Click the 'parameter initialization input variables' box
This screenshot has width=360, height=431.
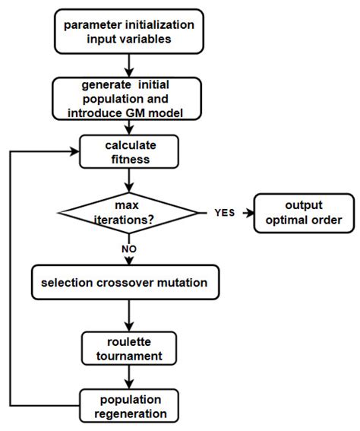[128, 31]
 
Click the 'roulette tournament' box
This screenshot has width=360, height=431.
[128, 348]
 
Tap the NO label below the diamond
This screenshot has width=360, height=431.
[128, 248]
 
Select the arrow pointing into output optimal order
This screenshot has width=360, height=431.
[245, 214]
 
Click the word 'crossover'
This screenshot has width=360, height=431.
[128, 282]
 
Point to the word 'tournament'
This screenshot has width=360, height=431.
[128, 355]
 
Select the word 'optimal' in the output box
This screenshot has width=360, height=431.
[285, 221]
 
